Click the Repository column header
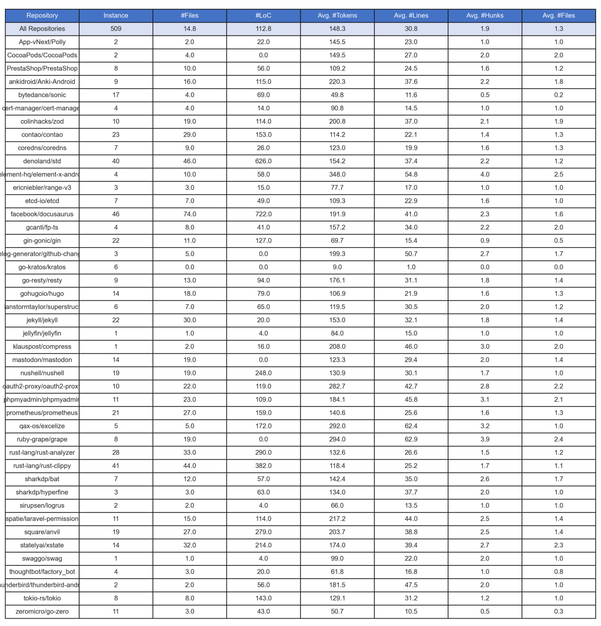click(x=42, y=16)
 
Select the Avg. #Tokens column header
click(x=337, y=16)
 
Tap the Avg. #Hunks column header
click(x=485, y=16)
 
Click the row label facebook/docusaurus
click(x=42, y=214)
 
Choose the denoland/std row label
click(x=42, y=161)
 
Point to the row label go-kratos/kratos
click(x=42, y=267)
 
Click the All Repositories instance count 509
click(x=116, y=29)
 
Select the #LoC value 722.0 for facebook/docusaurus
click(x=263, y=214)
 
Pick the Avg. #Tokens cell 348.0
click(x=337, y=175)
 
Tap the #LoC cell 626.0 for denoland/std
click(x=263, y=161)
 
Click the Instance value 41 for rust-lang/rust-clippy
click(x=116, y=466)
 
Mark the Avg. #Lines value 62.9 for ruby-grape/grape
click(x=411, y=440)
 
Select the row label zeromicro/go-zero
click(x=42, y=611)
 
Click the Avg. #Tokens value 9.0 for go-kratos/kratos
click(x=337, y=267)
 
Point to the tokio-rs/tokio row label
click(x=42, y=598)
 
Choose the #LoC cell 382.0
click(x=263, y=466)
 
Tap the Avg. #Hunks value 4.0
click(x=485, y=175)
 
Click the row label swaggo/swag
click(x=42, y=559)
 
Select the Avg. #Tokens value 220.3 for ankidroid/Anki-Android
click(x=337, y=82)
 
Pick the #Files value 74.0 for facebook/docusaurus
click(x=190, y=214)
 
